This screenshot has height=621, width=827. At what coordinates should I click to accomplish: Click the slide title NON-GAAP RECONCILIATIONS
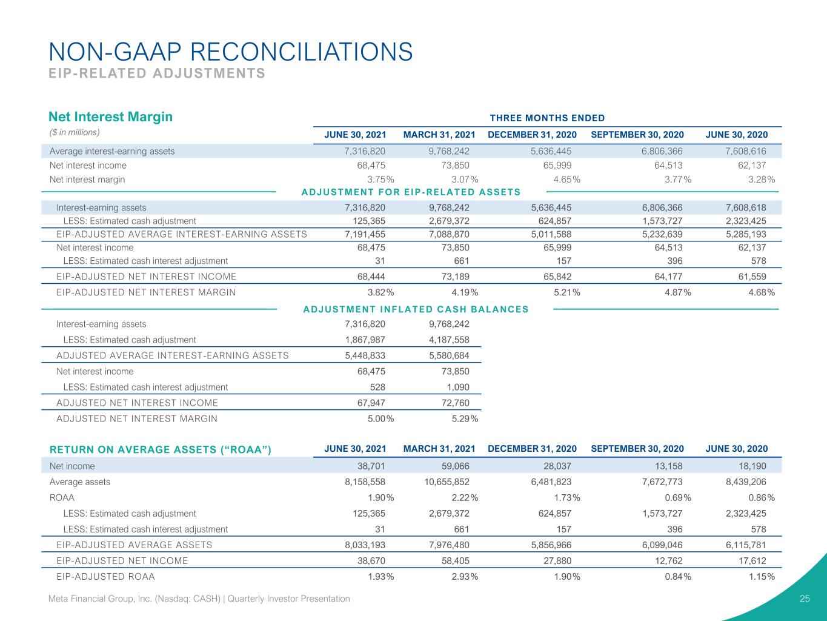point(231,52)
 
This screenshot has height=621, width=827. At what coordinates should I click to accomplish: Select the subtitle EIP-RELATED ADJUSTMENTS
point(157,73)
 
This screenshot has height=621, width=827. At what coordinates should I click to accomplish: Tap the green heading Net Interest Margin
point(110,116)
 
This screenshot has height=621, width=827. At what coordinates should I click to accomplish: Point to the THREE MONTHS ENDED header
point(547,118)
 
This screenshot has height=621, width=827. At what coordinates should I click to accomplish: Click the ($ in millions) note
point(75,132)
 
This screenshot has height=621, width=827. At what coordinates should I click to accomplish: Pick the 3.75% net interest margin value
point(380,180)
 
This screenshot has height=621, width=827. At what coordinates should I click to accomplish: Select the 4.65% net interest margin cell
point(566,180)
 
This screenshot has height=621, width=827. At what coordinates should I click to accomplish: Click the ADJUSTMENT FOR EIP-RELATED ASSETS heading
point(411,192)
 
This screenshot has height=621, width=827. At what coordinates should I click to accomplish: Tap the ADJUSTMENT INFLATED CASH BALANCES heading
point(416,309)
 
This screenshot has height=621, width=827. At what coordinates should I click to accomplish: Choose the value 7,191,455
point(365,235)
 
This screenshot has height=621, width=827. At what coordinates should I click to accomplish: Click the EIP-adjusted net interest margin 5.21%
point(566,292)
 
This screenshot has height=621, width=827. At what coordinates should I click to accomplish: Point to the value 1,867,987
point(365,340)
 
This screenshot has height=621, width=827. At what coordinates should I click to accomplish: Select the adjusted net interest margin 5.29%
point(465,419)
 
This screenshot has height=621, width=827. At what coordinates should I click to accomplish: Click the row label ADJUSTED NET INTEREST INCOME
point(137,403)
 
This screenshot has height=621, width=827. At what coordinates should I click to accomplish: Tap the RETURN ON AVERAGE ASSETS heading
point(161,450)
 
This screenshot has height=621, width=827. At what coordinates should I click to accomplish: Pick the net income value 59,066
point(455,466)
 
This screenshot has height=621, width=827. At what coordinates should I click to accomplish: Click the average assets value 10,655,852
point(447,482)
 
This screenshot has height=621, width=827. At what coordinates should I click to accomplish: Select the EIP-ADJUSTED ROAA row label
point(105,577)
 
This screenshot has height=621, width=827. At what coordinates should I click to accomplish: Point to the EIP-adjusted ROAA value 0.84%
point(678,577)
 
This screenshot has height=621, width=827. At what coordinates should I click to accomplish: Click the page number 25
point(805,599)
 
